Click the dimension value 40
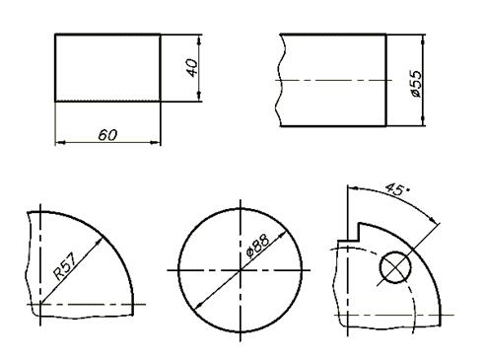tap(192, 68)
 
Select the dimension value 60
tap(107, 135)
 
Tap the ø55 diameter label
tap(416, 84)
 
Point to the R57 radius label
tap(66, 266)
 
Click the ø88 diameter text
tap(258, 246)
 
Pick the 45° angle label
tap(397, 189)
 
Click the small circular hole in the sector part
tap(395, 267)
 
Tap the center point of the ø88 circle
tap(241, 270)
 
